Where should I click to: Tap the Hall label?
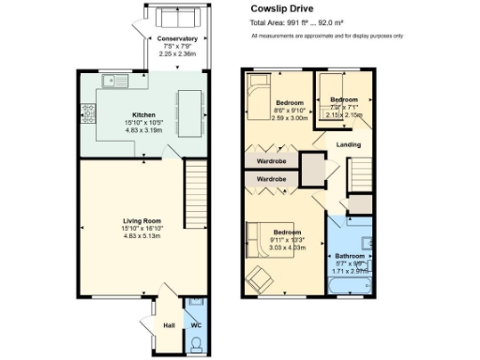pyautogui.click(x=169, y=325)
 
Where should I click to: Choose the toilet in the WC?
pyautogui.click(x=195, y=346)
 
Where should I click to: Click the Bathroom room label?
pyautogui.click(x=350, y=255)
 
